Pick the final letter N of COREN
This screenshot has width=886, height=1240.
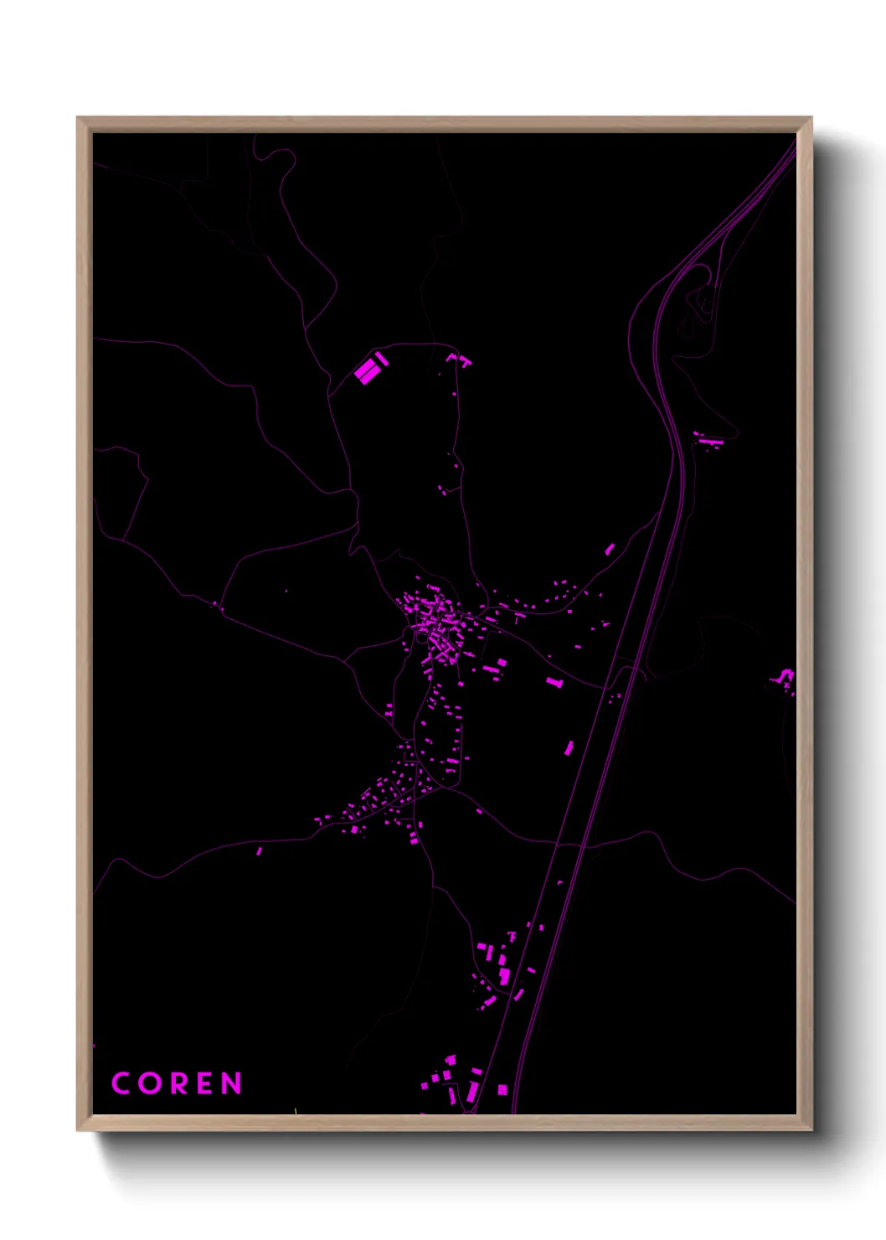point(232,1083)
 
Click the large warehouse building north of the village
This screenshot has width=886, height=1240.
point(368,370)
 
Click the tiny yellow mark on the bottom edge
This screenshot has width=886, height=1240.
point(296,1112)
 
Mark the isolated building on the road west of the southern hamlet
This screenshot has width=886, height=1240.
point(259,851)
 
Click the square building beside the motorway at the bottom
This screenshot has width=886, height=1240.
point(502,1090)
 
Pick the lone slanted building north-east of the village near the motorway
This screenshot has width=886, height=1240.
point(610,549)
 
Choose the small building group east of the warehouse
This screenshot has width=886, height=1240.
point(460,360)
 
